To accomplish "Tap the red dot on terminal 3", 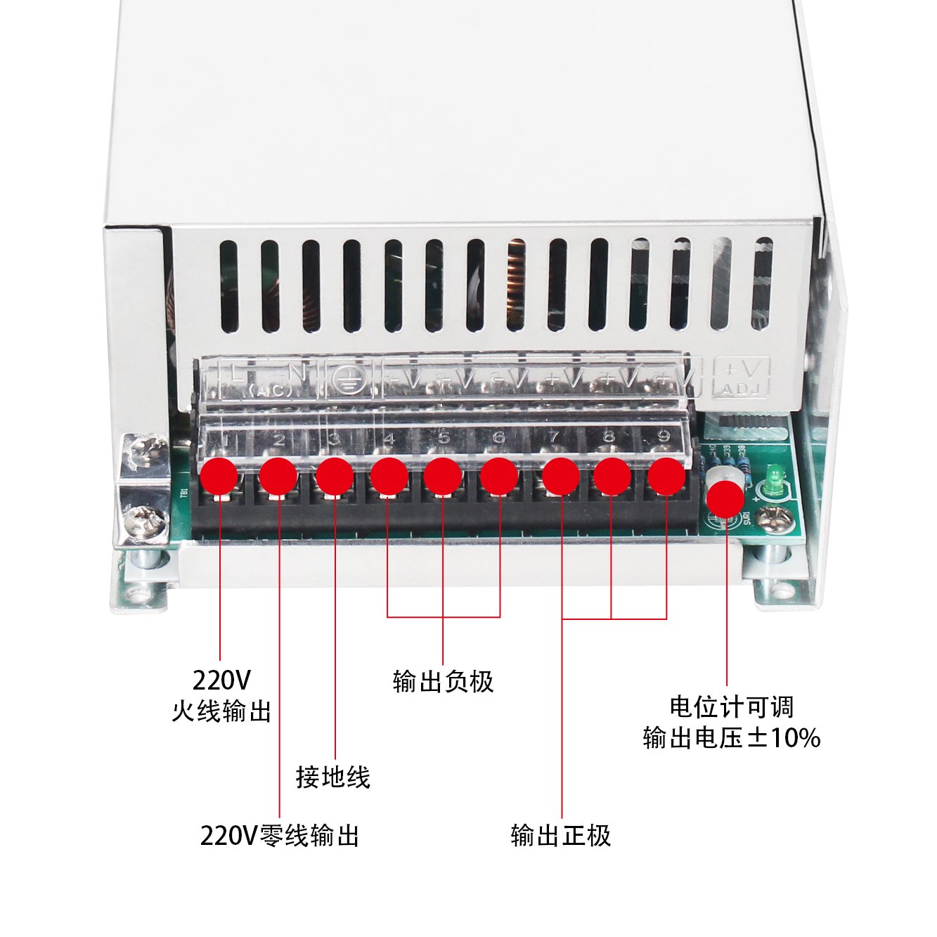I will tap(335, 477).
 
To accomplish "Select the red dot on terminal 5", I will tap(443, 477).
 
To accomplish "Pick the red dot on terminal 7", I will tap(561, 477).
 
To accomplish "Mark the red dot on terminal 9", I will tap(666, 476).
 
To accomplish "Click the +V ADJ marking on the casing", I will tap(742, 377).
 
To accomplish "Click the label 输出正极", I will tap(561, 836).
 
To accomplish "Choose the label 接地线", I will tap(332, 777).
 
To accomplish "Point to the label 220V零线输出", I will tap(280, 836).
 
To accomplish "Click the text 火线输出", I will tap(221, 711).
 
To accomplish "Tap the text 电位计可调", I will tap(731, 706).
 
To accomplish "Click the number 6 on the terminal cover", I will tap(498, 439).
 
